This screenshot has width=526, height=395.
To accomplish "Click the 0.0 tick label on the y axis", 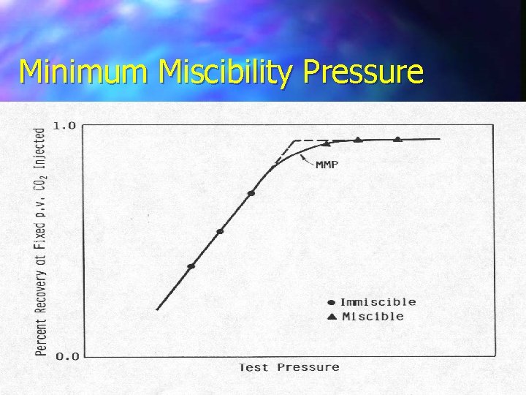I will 64,356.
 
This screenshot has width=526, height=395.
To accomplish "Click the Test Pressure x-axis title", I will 289,367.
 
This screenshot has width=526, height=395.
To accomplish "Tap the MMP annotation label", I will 327,165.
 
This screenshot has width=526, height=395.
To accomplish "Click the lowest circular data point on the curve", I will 191,266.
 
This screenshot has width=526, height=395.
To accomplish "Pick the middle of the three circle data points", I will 220,231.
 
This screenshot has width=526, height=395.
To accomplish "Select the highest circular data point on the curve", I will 251,193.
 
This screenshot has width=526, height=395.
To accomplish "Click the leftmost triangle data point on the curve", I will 327,143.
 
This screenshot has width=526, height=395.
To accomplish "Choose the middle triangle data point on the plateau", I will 358,139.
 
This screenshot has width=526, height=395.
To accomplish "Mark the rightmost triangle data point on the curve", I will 397,138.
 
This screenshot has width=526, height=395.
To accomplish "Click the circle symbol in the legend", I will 331,302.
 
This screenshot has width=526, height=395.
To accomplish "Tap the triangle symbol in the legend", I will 331,317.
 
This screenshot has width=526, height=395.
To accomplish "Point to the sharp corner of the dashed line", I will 294,140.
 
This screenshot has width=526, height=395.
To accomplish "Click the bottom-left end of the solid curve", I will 157,309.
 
